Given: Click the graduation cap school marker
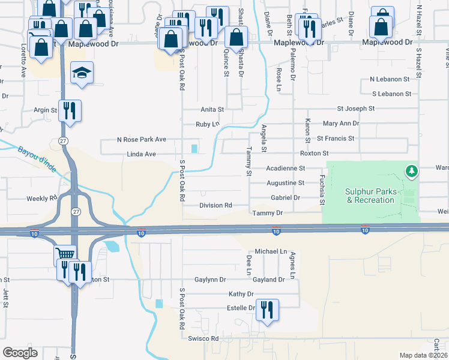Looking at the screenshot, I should coord(82,73).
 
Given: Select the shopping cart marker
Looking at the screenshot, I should coord(65,255).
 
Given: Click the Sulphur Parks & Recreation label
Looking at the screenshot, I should coord(370,196).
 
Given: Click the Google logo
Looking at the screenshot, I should coord(20,352).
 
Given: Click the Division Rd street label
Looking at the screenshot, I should coord(215,205).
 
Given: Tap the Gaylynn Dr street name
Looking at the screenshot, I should coord(210,280).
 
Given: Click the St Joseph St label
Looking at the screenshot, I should coord(355,109).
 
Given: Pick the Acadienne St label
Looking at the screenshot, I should coord(286,169).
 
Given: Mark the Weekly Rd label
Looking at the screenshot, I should coord(41,198).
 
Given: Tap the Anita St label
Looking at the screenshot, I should coord(212,110).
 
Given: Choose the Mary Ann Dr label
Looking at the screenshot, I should coord(340,123).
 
